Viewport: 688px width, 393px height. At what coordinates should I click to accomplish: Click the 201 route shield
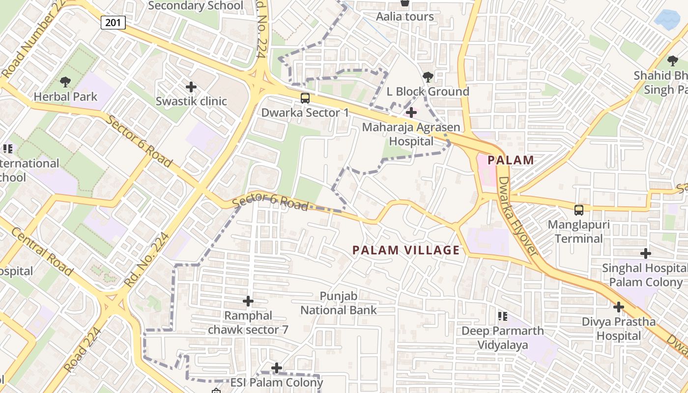point(114,22)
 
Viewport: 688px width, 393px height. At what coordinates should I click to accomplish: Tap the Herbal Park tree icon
point(65,82)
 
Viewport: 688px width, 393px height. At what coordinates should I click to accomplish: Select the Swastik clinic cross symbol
point(191,87)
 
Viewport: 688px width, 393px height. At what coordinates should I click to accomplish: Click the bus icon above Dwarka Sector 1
point(305,98)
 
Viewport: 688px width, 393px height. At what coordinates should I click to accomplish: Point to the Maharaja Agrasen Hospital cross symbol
point(411,113)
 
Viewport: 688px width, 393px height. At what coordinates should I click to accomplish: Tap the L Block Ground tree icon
point(428,77)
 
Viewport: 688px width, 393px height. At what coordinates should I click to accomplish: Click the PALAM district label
point(511,160)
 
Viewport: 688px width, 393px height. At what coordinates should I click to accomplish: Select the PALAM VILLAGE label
point(406,250)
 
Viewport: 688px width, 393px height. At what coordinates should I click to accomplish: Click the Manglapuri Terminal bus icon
point(579,210)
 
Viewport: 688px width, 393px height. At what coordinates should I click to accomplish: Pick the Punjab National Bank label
point(339,303)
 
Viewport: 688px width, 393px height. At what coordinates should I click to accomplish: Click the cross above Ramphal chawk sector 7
point(249,301)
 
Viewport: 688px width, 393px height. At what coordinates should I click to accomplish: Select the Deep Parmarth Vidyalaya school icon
point(502,316)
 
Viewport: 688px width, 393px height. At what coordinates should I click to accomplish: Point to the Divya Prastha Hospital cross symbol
point(619,307)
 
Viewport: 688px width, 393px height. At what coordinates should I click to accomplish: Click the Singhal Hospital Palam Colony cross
point(646,253)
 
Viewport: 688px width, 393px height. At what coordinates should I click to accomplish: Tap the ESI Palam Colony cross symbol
point(277,367)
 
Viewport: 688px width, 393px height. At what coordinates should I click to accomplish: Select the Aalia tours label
point(405,17)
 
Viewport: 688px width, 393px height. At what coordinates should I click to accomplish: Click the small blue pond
point(667,19)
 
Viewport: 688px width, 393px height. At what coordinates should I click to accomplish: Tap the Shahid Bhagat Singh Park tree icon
point(673,61)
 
